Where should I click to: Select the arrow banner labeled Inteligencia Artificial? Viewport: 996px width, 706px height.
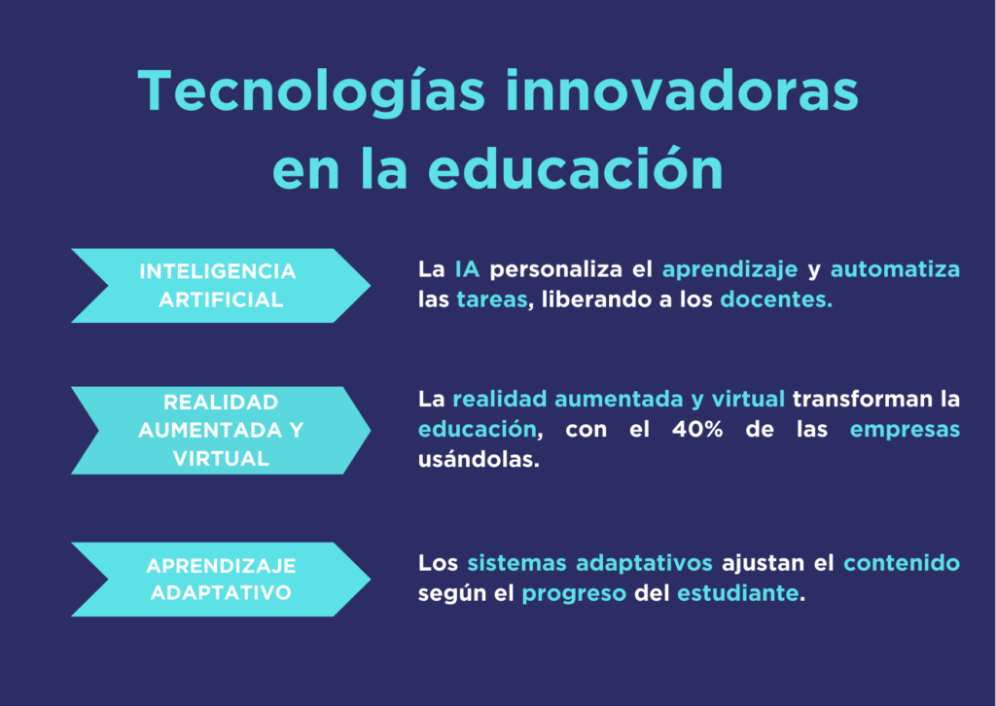pos(220,286)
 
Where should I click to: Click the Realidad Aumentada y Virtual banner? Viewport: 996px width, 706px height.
pos(220,431)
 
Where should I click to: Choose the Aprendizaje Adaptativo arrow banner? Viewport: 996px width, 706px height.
pos(220,580)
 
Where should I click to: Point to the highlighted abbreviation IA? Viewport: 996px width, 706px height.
pos(467,269)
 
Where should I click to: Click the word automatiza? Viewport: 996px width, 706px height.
pos(894,269)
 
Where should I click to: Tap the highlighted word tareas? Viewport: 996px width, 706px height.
pos(491,300)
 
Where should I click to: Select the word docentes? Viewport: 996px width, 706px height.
pos(776,300)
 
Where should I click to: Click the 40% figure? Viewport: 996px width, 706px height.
pos(699,429)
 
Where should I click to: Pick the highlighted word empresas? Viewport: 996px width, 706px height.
pos(905,429)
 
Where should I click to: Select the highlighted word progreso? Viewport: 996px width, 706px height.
pos(574,593)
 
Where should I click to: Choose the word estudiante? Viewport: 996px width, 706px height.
pos(738,593)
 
